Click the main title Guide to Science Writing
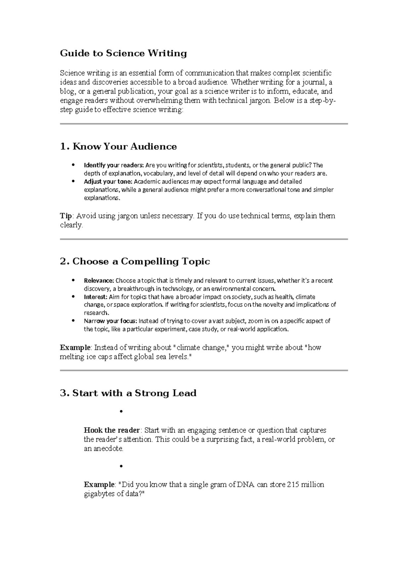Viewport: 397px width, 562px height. pos(123,53)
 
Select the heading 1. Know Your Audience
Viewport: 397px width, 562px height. pos(118,146)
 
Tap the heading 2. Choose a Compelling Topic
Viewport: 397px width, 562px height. pos(135,261)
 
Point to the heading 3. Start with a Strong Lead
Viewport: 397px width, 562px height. pos(128,393)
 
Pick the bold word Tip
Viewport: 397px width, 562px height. pos(66,216)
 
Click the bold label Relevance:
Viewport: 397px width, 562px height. pos(99,281)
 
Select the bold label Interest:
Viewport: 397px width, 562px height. pos(96,297)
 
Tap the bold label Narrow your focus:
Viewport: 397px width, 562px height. pos(110,321)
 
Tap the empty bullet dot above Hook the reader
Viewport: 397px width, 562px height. pos(121,412)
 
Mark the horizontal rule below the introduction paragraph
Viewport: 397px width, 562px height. pos(204,124)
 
